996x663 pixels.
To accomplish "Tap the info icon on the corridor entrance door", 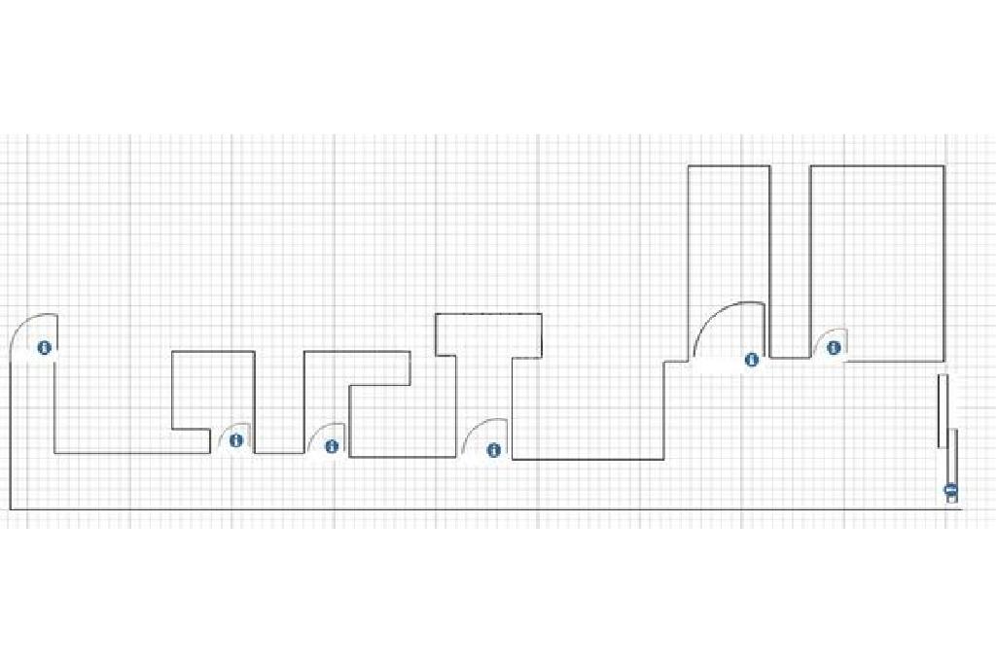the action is [44, 347].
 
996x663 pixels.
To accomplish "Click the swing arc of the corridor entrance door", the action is [21, 326].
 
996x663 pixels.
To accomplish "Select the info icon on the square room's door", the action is [236, 440].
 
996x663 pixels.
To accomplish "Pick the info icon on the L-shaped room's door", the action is [332, 446].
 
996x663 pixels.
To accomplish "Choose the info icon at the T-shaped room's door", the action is [493, 450].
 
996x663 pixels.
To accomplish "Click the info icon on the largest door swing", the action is [751, 360].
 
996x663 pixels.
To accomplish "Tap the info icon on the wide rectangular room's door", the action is [834, 348].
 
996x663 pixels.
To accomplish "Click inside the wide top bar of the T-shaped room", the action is [487, 334].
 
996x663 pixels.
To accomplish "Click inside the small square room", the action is [213, 389].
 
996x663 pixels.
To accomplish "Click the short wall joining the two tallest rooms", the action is [789, 358].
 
